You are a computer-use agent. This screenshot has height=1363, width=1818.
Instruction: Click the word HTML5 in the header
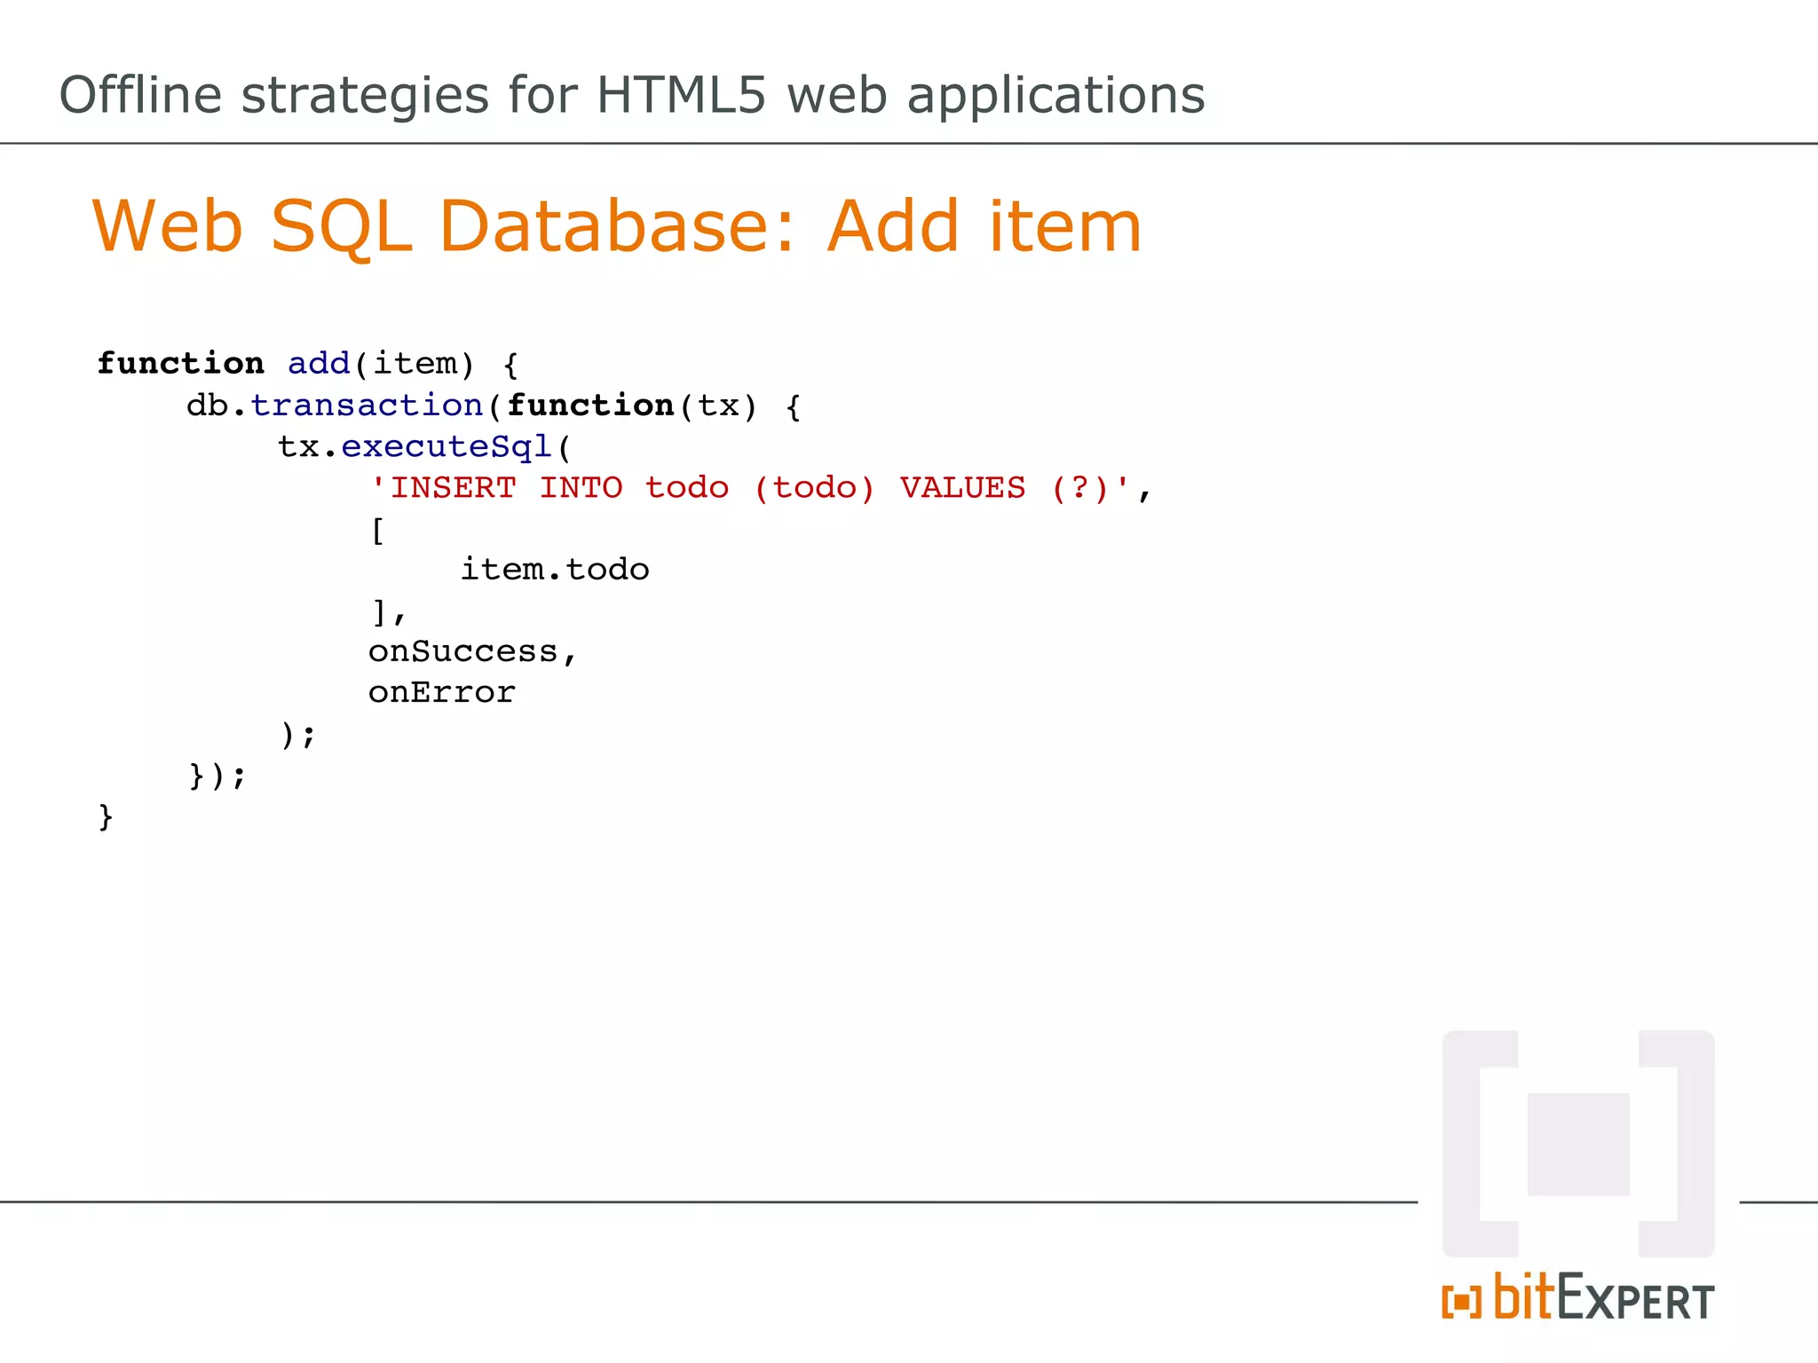click(x=680, y=95)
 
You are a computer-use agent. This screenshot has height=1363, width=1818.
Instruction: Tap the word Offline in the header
click(x=140, y=95)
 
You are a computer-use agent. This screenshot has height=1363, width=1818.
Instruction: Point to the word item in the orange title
click(x=1064, y=226)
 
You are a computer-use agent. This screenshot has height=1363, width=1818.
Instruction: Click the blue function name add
click(x=319, y=364)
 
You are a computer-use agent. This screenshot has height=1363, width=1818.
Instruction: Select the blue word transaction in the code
click(x=366, y=406)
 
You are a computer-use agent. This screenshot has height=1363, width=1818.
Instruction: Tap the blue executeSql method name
click(x=447, y=446)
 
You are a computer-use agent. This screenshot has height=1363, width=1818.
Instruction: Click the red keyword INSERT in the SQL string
click(x=453, y=488)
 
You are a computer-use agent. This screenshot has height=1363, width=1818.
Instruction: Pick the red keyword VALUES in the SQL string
click(x=962, y=488)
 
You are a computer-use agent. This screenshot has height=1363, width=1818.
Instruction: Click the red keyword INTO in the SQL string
click(x=581, y=488)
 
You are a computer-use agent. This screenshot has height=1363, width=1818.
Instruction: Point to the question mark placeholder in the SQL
click(x=1079, y=488)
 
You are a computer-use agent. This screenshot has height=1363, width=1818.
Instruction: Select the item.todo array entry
click(x=555, y=570)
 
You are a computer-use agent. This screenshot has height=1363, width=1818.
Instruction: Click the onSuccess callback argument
click(x=462, y=652)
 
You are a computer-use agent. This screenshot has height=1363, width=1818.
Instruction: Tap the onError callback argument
click(x=441, y=693)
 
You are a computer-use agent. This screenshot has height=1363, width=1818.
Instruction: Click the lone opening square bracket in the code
click(x=377, y=531)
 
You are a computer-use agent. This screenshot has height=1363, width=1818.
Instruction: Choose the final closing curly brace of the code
click(x=106, y=816)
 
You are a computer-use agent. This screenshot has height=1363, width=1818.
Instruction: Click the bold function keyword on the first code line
click(x=180, y=364)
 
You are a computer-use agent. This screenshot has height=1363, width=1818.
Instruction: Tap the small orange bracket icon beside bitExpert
click(x=1461, y=1302)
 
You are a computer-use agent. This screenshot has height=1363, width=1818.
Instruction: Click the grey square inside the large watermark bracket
click(x=1578, y=1145)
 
